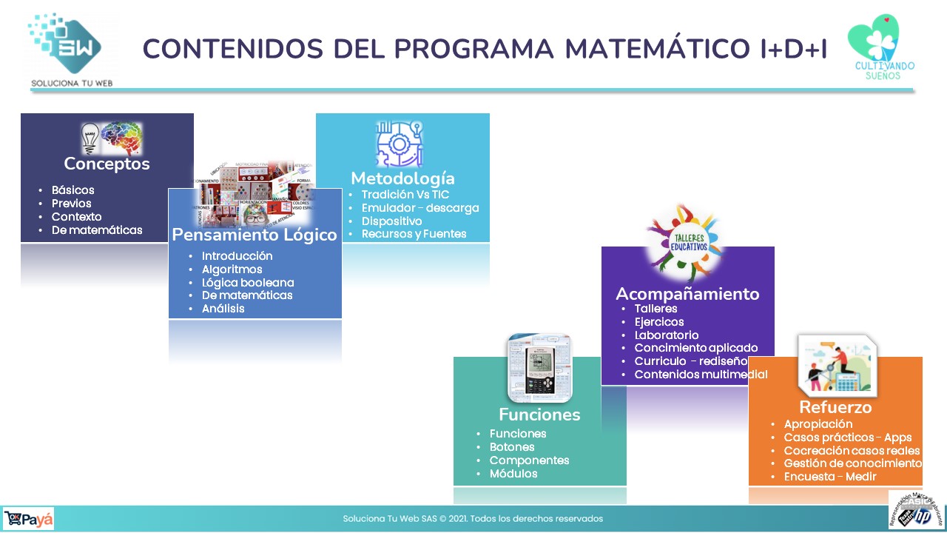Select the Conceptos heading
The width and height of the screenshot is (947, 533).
coord(107,164)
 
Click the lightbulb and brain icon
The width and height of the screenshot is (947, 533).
coord(111,138)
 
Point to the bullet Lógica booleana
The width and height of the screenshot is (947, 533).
coord(247,282)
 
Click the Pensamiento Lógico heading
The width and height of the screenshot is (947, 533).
coord(255,235)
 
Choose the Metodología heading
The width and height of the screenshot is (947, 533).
coord(402,178)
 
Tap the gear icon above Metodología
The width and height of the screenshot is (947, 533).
coord(399,144)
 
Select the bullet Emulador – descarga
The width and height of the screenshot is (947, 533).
coord(419,208)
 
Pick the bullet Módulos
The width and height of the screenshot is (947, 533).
coord(513,473)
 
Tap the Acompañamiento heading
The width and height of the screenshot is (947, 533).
coord(687,294)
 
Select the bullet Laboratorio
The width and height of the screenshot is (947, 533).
coord(666,335)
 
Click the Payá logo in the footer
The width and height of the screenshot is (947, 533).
coord(29,519)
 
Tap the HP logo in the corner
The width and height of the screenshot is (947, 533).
coord(922,517)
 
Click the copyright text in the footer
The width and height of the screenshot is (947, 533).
coord(473,519)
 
